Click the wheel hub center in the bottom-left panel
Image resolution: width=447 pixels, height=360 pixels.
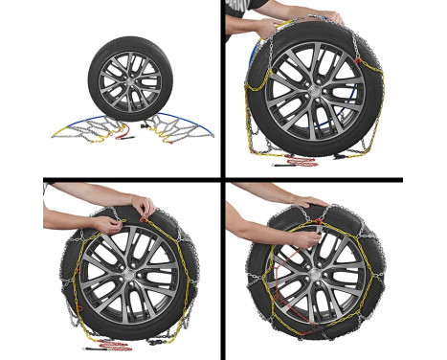(x=128, y=270)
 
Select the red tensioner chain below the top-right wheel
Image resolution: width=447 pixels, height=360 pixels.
(x=304, y=163)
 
